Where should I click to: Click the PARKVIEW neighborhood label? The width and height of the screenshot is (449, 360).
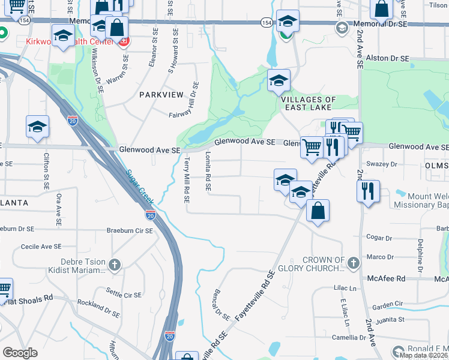161,95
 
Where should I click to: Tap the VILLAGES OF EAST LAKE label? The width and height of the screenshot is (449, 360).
309,104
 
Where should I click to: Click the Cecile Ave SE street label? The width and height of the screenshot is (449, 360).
41,246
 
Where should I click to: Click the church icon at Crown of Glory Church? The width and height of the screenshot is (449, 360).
354,262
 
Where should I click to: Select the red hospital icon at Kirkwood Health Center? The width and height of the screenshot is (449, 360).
124,41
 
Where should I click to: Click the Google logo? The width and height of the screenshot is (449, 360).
20,353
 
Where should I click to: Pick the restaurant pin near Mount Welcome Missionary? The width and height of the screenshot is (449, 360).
366,191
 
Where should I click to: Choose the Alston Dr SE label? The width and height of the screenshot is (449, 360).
388,59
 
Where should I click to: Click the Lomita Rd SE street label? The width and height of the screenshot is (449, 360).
208,171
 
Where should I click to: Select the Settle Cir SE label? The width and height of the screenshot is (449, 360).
123,295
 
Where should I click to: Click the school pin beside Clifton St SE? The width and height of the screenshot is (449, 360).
37,127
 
